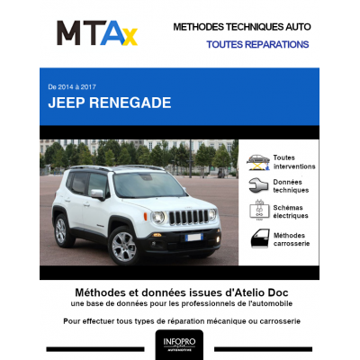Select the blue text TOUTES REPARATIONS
pos(257,44)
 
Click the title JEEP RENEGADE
pos(110,103)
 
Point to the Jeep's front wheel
pos(121,243)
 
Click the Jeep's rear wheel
pos(60,230)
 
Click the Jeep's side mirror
pos(97,193)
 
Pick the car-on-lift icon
pos(257,162)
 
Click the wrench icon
pos(257,186)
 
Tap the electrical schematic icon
pos(257,211)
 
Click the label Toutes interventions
pos(293,162)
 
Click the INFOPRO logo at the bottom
pos(179,344)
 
